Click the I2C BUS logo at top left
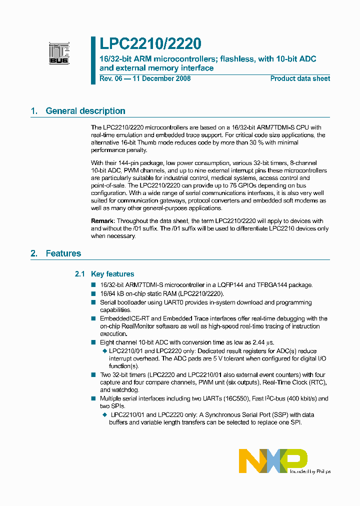click(59, 53)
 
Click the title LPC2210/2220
click(150, 44)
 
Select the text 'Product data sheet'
click(300, 78)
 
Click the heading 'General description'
click(85, 111)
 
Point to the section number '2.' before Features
click(34, 253)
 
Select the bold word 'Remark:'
click(103, 221)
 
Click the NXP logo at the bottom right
click(272, 460)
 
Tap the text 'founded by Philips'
click(310, 471)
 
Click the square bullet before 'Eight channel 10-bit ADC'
click(93, 342)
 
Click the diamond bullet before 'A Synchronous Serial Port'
click(104, 414)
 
